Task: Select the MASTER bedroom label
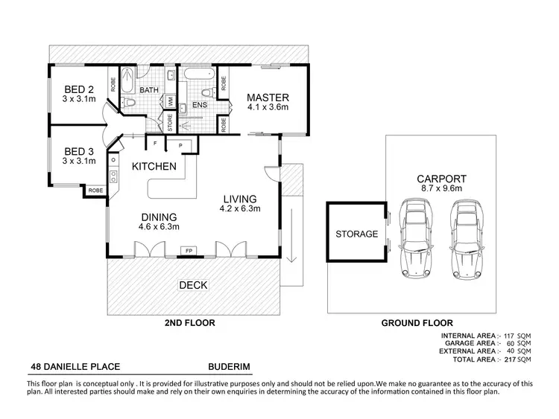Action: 268,97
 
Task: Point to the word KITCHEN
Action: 154,167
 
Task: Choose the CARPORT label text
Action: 442,179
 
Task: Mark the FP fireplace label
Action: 188,250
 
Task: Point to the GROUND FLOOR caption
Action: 417,323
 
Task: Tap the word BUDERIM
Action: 228,367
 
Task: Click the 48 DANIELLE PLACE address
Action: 75,367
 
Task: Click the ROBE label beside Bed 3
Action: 95,191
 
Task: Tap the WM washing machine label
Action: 170,100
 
